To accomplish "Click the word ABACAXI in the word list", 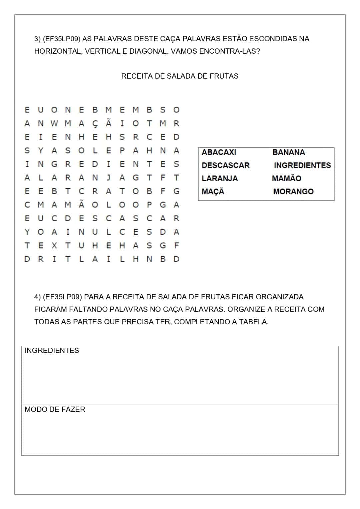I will [219, 152].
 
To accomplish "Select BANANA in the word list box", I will [289, 152].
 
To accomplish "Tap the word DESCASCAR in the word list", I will [225, 165].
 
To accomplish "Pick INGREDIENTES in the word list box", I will [302, 165].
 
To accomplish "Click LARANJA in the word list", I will [220, 178].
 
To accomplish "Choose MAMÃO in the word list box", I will [286, 178].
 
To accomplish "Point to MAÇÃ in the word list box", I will [213, 192].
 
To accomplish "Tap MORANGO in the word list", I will [293, 192].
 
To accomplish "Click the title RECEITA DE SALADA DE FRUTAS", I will [180, 76].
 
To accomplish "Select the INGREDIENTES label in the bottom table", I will [52, 351].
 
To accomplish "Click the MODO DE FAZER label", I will [55, 409].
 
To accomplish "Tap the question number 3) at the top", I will [37, 39].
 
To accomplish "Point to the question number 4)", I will [37, 297].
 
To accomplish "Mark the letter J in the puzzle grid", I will [108, 178].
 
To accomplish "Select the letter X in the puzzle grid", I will [54, 246].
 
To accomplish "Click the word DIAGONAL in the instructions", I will [149, 52].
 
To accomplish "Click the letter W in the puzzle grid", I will [54, 123].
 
